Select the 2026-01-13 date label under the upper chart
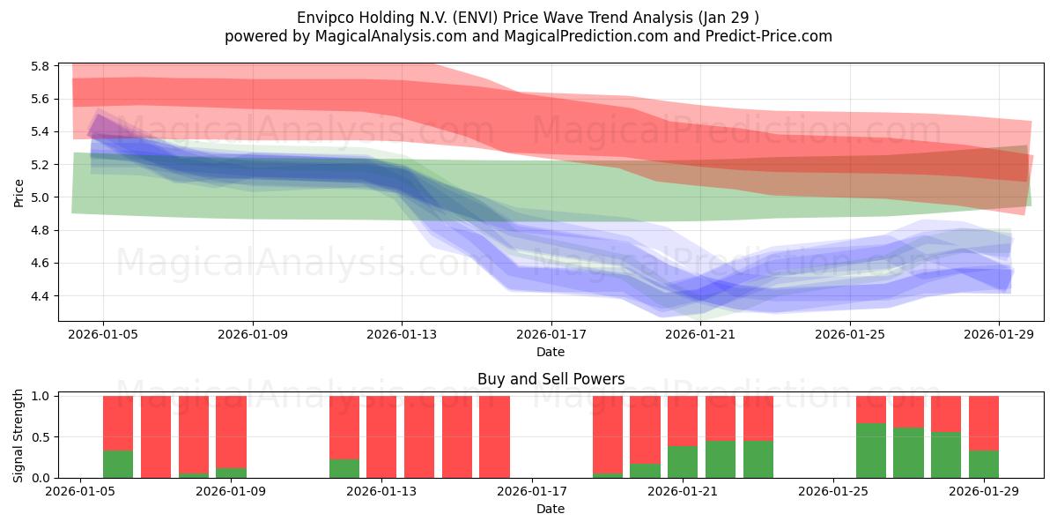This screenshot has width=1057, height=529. [402, 335]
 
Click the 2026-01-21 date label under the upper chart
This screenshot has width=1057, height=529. [700, 335]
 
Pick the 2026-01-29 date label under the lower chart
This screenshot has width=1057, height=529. [983, 492]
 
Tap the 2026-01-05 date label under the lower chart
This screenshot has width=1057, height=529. [81, 492]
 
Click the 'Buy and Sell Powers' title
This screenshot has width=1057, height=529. [551, 379]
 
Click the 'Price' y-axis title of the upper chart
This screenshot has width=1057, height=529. [19, 192]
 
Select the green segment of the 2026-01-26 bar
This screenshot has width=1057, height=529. [871, 451]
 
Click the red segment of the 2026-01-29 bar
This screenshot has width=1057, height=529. [983, 423]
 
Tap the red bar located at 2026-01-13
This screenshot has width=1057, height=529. [381, 436]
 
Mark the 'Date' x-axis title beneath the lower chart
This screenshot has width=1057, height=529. [551, 509]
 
